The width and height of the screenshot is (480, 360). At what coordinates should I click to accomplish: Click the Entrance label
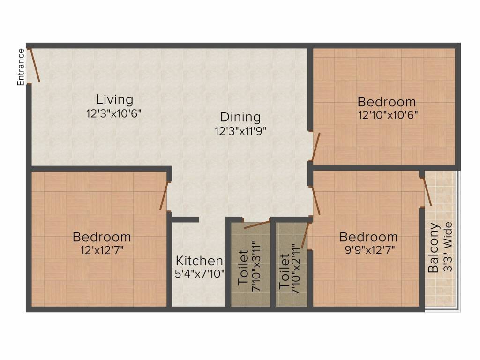click(21, 67)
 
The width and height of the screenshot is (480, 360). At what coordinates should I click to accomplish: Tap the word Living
click(115, 100)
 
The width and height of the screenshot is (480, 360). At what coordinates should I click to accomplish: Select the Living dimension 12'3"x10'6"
click(114, 114)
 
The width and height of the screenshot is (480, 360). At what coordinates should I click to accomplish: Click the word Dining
click(240, 117)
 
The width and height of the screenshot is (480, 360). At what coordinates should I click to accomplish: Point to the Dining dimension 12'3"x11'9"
click(240, 131)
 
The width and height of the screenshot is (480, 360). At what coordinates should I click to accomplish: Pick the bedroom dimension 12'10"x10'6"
click(388, 115)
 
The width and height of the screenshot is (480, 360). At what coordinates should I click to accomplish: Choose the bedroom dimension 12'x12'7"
click(102, 251)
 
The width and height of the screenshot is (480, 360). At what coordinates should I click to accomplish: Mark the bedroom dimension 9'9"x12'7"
click(370, 250)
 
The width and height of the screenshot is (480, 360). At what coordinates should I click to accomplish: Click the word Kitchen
click(199, 261)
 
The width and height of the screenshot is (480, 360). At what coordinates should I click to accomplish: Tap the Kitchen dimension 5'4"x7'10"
click(200, 274)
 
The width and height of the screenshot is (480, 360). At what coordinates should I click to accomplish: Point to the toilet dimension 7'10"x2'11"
click(296, 270)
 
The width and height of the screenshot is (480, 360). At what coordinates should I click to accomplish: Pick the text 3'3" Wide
click(448, 247)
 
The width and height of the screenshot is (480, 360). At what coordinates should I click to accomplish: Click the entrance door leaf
click(34, 65)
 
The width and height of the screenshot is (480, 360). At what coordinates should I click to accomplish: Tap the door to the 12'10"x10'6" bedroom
click(316, 146)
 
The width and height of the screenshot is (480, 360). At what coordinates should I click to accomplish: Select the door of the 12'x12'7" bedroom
click(164, 196)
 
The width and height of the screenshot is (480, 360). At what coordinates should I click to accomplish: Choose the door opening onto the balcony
click(427, 191)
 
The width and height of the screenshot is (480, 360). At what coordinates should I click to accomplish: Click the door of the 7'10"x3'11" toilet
click(257, 225)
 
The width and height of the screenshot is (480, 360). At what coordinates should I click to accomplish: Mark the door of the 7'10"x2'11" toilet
click(305, 235)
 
